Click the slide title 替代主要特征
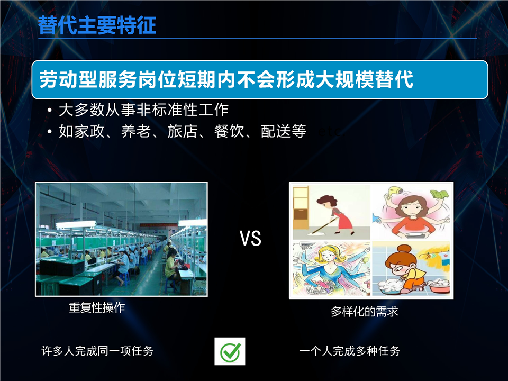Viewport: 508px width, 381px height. (97, 25)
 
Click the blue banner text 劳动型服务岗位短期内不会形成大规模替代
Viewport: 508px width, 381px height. (226, 79)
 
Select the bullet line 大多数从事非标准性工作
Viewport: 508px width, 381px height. (143, 110)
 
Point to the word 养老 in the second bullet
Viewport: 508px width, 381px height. (136, 131)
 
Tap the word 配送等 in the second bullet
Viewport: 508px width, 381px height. (284, 131)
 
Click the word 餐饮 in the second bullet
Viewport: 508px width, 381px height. (229, 131)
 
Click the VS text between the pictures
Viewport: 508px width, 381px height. (250, 239)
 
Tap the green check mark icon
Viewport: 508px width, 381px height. (230, 351)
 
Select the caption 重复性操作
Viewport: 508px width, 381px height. (97, 307)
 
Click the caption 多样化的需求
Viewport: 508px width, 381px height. (365, 311)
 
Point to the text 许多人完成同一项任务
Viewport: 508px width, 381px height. (97, 351)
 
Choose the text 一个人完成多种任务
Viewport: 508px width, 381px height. (350, 351)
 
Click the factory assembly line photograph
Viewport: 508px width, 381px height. (121, 239)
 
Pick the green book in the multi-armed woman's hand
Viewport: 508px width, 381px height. (439, 195)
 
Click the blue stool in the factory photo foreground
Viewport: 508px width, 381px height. (170, 285)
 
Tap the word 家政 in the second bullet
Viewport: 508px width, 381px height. (89, 131)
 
